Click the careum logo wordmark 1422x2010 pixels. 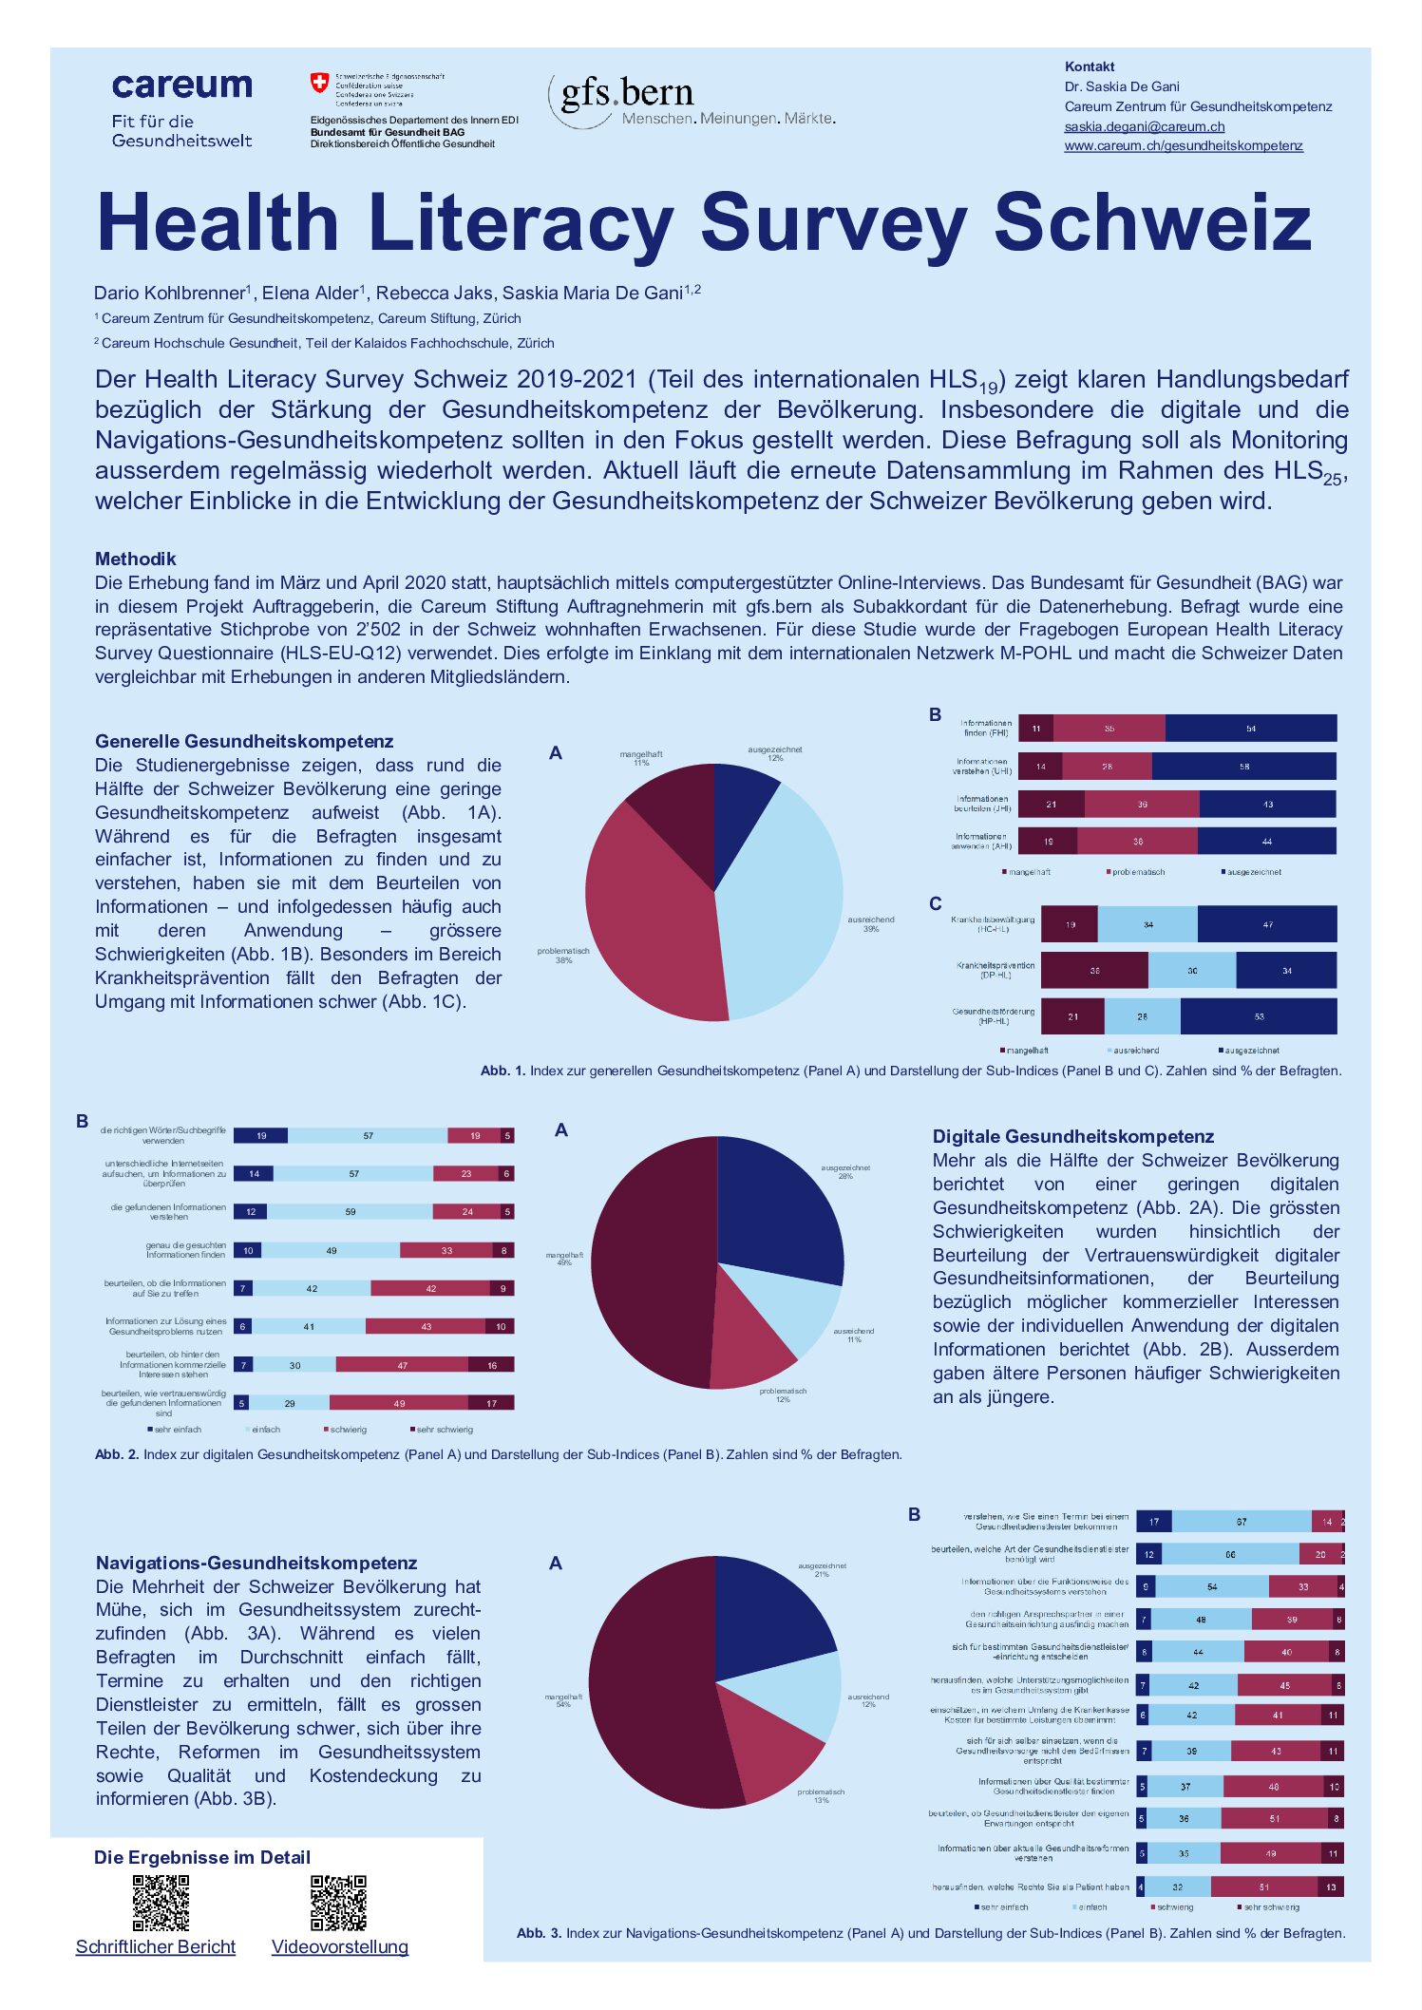coord(181,87)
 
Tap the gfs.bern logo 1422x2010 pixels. coord(627,95)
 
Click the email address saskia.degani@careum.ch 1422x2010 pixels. coord(1144,126)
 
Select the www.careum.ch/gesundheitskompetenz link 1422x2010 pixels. coord(1183,146)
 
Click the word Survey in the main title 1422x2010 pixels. coord(833,222)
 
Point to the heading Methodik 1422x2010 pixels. coord(135,559)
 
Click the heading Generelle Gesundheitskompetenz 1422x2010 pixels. coord(243,741)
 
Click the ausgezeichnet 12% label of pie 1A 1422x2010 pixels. coord(774,753)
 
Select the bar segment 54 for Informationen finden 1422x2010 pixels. coord(1250,729)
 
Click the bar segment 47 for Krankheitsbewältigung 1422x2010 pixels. coord(1266,924)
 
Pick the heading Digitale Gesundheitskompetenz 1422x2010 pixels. coord(1072,1136)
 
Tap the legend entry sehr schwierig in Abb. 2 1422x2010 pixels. coord(443,1430)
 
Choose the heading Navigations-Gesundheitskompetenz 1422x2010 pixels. coord(256,1563)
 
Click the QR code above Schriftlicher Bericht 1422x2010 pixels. coord(161,1902)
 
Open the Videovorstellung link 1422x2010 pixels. coord(339,1946)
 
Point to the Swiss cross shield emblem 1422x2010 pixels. coord(319,84)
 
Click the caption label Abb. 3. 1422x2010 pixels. coord(539,1933)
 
